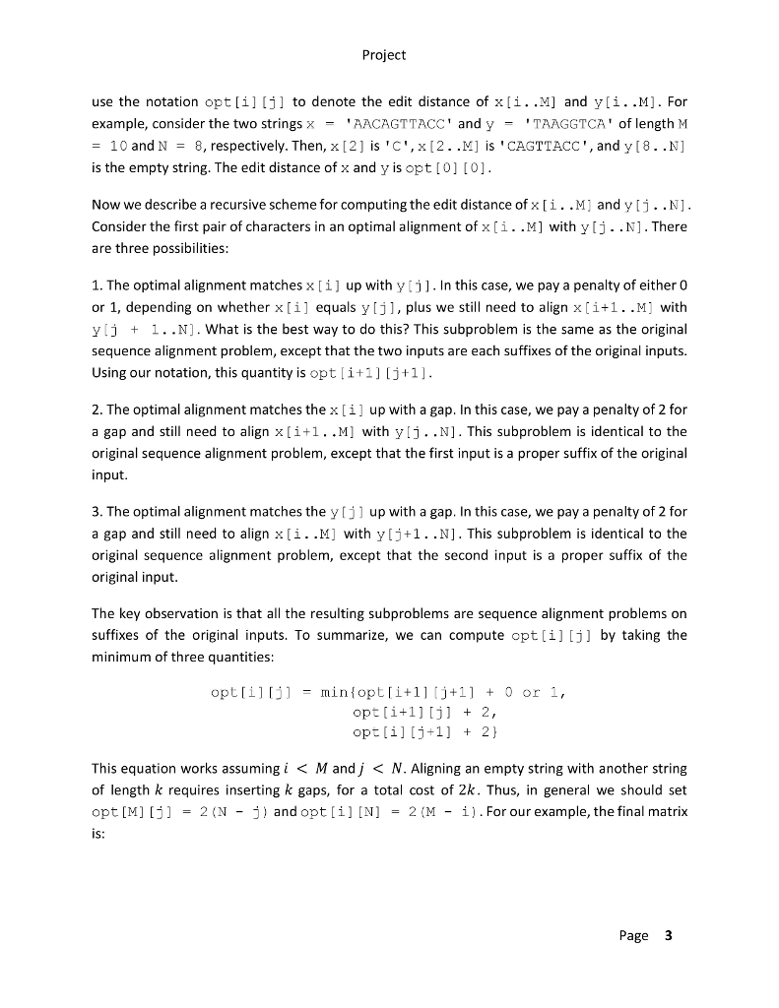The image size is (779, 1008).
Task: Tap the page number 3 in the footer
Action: point(667,935)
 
